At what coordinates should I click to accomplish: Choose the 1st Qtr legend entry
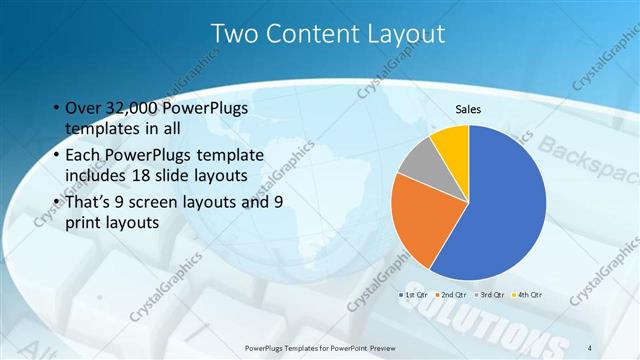tap(415, 295)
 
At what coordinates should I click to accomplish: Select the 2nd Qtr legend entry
tap(455, 295)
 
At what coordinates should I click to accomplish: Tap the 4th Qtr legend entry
tap(530, 295)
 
